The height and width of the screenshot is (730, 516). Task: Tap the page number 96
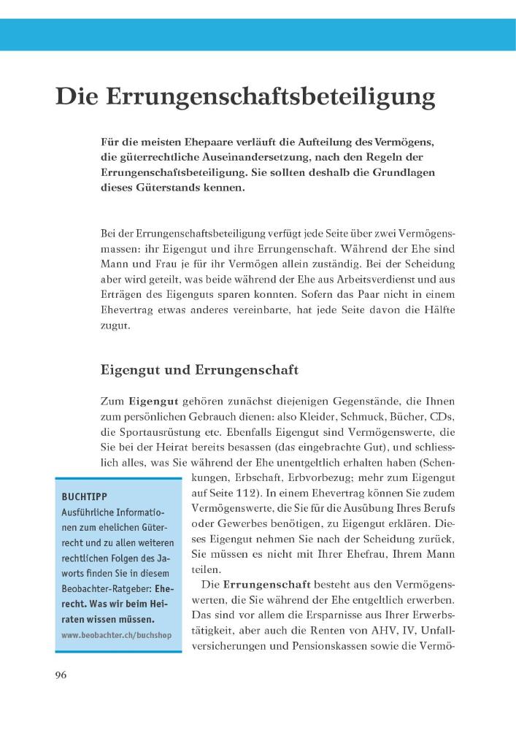pos(61,675)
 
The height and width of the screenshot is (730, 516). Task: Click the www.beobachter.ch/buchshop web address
pos(117,635)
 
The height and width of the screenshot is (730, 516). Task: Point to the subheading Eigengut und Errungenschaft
pos(199,370)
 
